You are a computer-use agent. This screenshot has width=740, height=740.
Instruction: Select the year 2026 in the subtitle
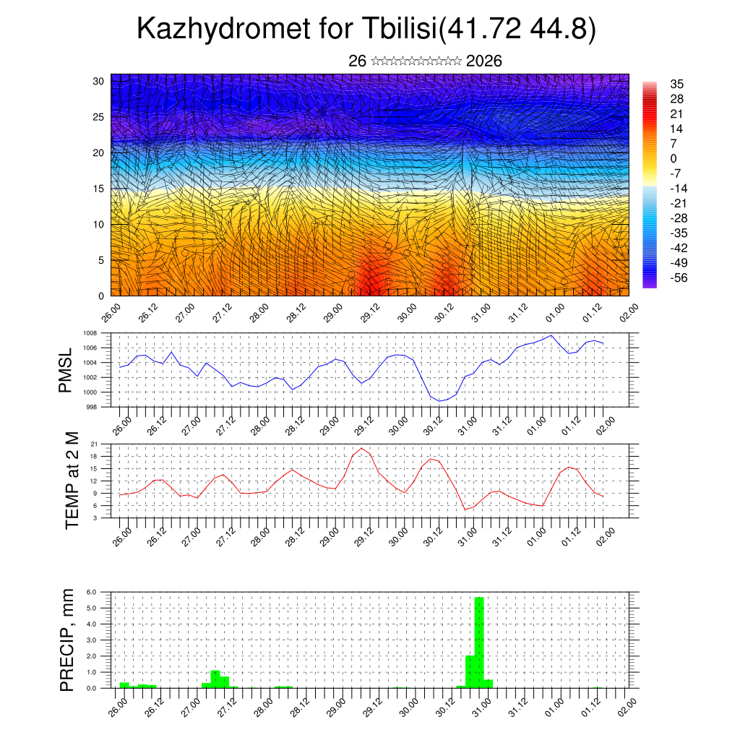pyautogui.click(x=484, y=61)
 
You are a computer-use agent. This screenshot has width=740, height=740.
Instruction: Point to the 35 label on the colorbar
pyautogui.click(x=677, y=84)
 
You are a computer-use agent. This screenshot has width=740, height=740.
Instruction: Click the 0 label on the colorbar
pyautogui.click(x=674, y=158)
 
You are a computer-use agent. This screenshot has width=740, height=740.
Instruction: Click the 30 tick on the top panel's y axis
pyautogui.click(x=99, y=81)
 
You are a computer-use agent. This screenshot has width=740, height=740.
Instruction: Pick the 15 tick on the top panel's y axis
pyautogui.click(x=99, y=189)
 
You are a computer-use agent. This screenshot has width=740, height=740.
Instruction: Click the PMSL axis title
pyautogui.click(x=66, y=371)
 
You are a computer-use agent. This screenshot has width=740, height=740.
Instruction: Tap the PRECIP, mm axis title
pyautogui.click(x=66, y=640)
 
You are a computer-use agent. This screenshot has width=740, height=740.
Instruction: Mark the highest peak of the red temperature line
pyautogui.click(x=361, y=449)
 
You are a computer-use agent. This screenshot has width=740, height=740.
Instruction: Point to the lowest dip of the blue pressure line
pyautogui.click(x=440, y=400)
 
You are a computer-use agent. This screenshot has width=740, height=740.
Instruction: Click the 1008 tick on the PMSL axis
pyautogui.click(x=90, y=333)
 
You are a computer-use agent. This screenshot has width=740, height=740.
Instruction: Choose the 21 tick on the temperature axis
pyautogui.click(x=94, y=444)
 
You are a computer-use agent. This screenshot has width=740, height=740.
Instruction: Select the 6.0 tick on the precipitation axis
pyautogui.click(x=92, y=592)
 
